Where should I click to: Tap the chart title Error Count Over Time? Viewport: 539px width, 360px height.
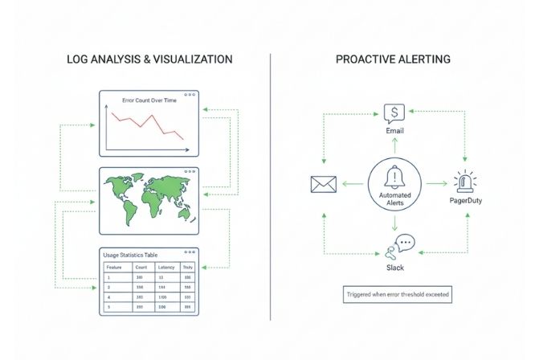pos(149,100)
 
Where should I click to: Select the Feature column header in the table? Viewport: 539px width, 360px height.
pos(114,267)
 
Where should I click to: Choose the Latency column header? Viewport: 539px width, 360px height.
pos(166,267)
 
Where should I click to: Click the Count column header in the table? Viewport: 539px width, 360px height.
pos(141,267)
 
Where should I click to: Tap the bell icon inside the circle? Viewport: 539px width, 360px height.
pos(394,177)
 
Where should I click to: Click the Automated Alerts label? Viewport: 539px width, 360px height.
pos(394,198)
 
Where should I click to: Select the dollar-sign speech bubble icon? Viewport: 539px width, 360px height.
pos(394,112)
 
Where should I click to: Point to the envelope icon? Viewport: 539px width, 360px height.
pos(322,184)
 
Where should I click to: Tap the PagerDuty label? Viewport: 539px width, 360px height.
pos(466,200)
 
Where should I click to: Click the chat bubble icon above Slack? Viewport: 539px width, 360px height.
pos(403,244)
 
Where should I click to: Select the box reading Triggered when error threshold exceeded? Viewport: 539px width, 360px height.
pos(394,295)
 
